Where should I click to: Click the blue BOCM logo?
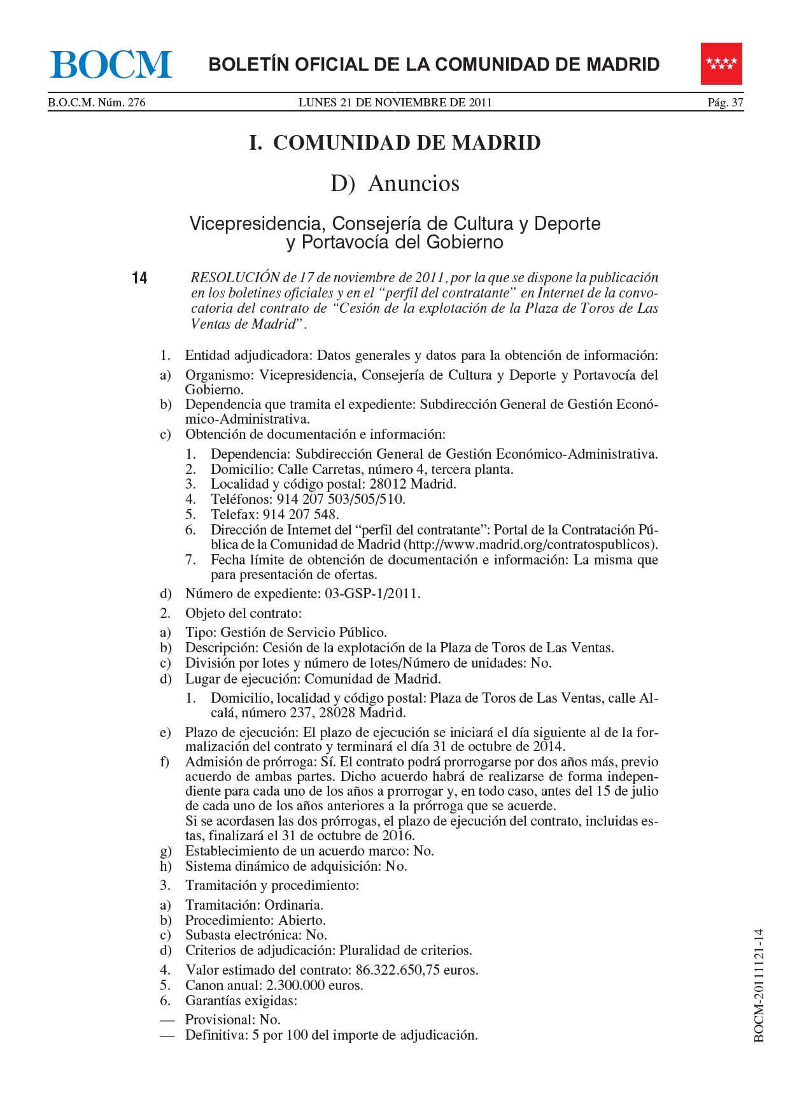tap(111, 64)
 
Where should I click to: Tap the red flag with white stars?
tap(721, 64)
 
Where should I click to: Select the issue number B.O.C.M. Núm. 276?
tap(97, 103)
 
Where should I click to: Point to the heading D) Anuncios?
tap(395, 183)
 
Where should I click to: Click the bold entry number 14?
tap(139, 278)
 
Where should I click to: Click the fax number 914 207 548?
tap(300, 515)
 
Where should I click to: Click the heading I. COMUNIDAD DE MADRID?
tap(395, 143)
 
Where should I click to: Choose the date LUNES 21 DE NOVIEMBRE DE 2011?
tap(395, 103)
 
